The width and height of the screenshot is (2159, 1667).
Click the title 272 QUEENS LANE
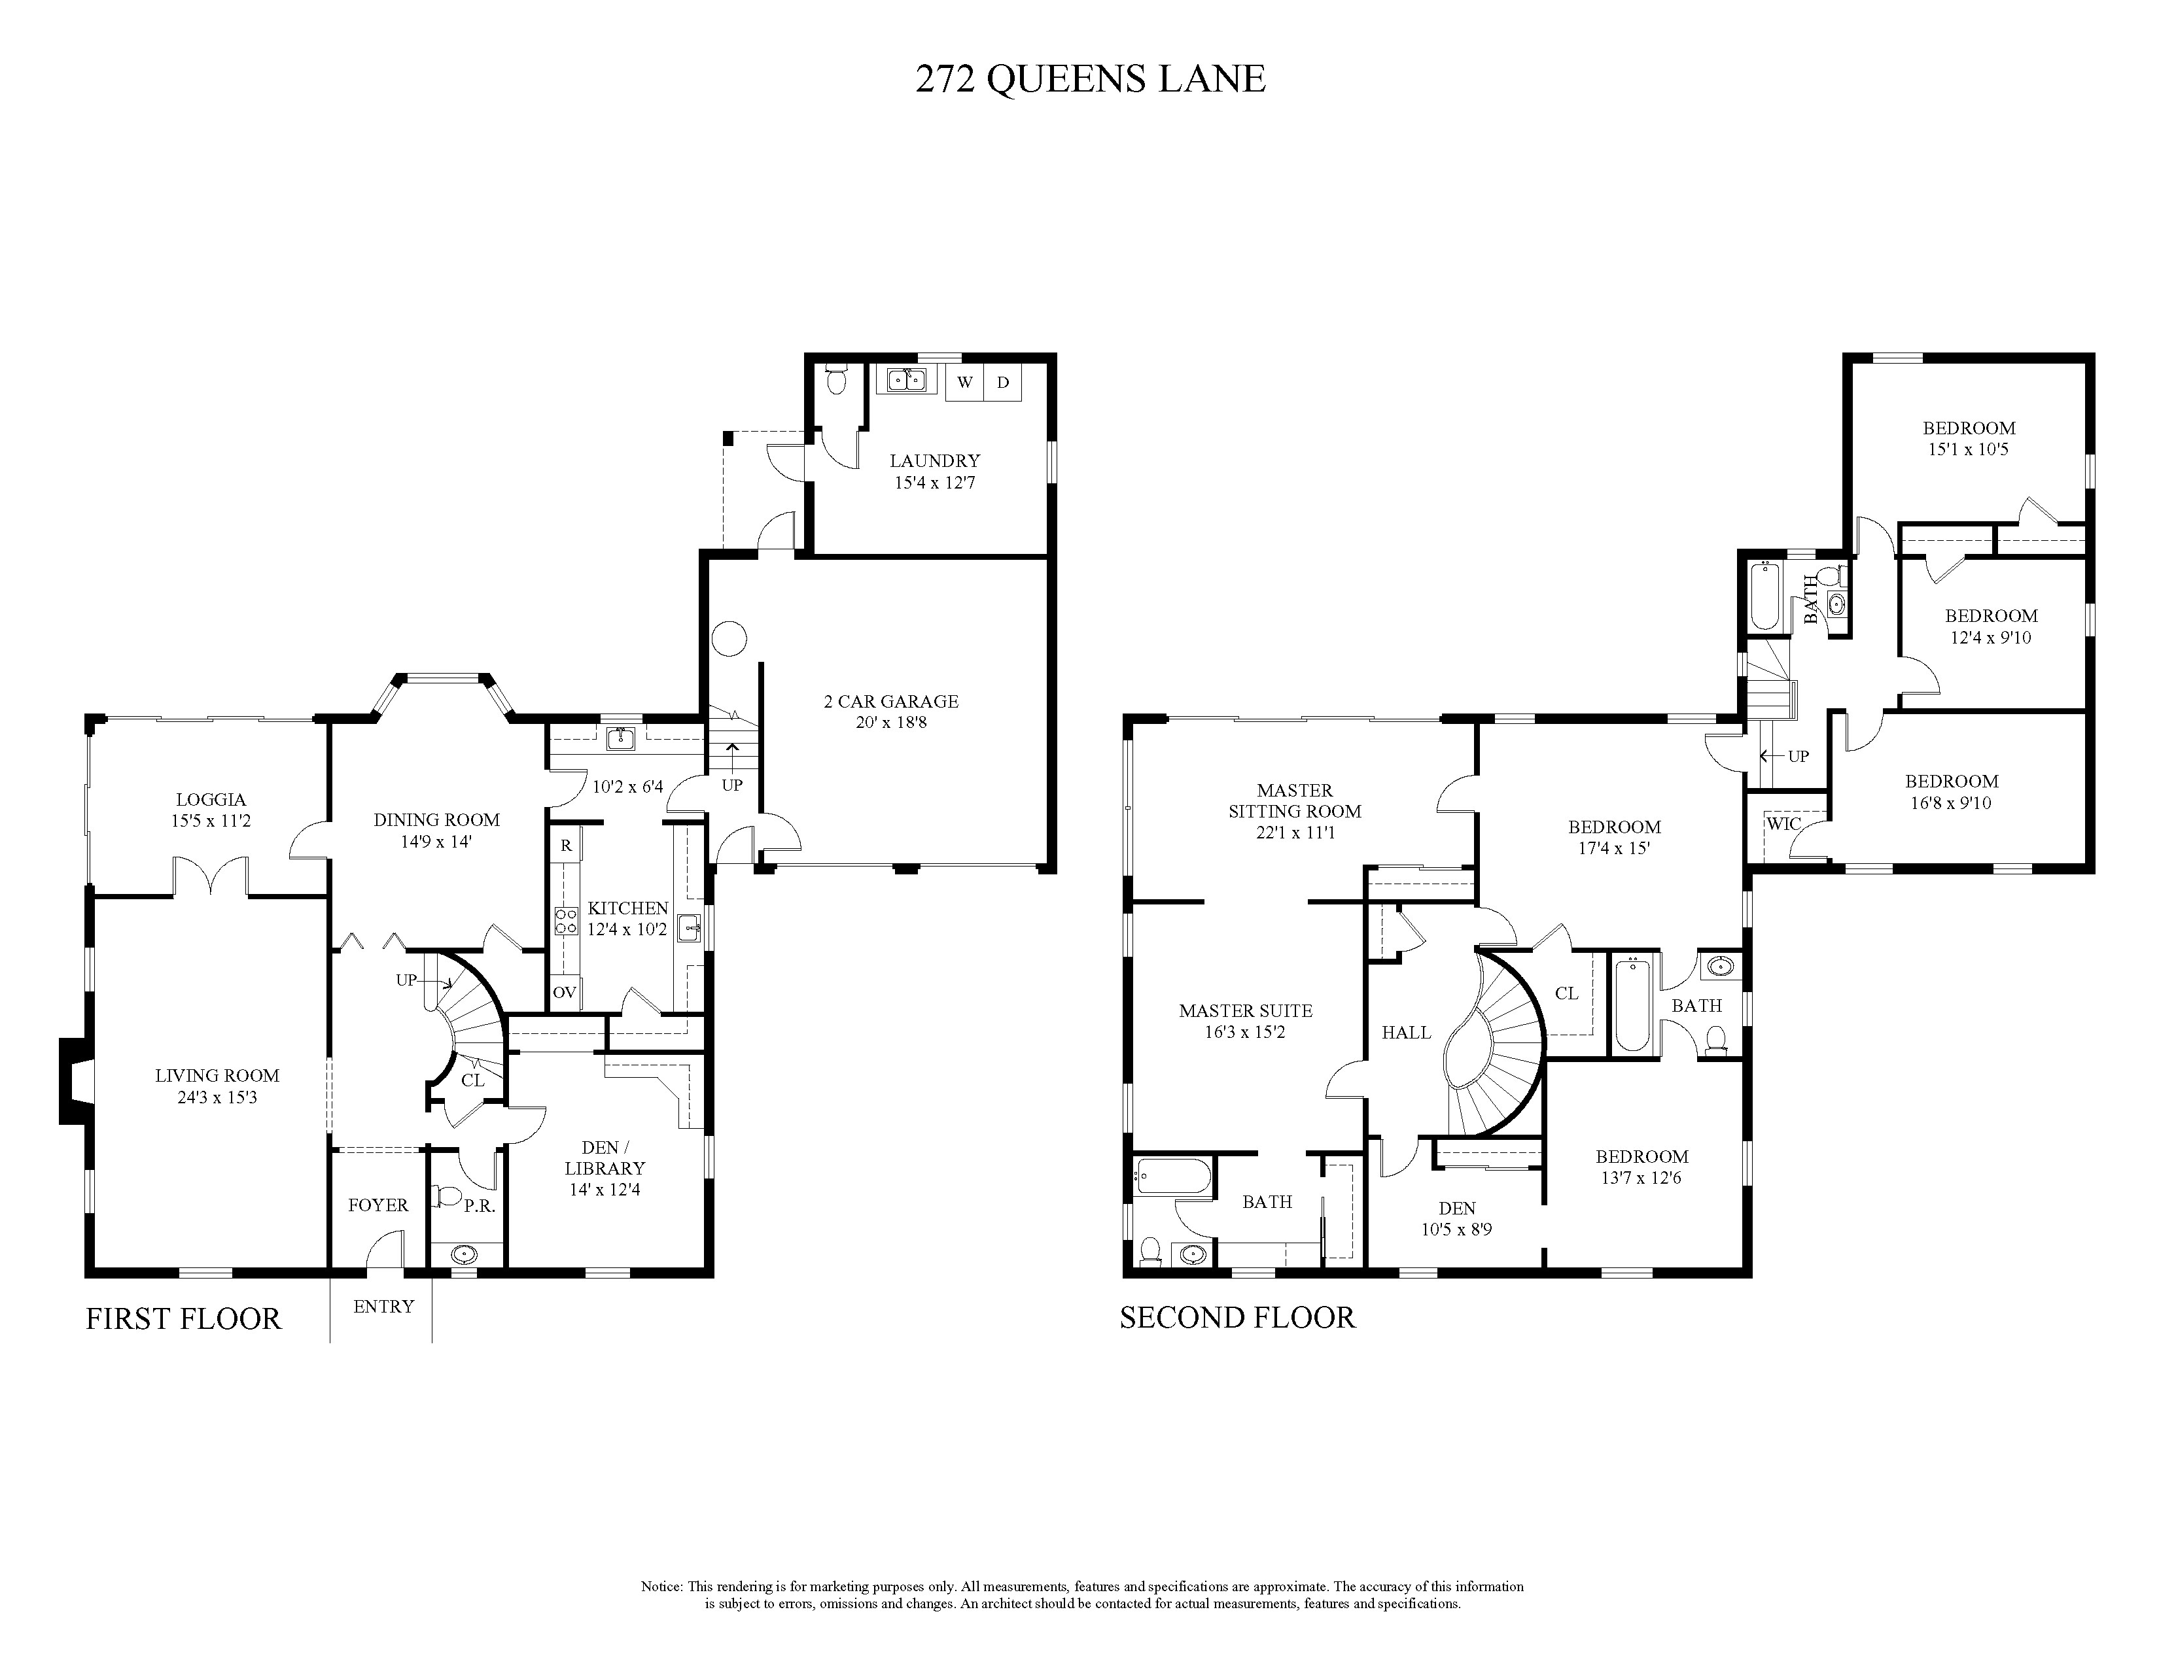pos(1091,79)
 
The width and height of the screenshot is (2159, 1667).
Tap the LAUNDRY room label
pos(934,460)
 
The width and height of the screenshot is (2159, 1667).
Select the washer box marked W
pos(965,383)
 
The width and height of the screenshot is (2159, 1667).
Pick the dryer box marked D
pos(1002,383)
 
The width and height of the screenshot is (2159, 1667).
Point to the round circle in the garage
pos(729,638)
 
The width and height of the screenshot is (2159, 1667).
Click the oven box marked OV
pos(565,992)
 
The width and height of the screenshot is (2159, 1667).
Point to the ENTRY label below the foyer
pos(383,1306)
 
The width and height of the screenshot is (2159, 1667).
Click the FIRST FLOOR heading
pos(183,1318)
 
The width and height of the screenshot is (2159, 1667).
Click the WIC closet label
pos(1783,824)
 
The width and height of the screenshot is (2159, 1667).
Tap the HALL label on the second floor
pos(1406,1033)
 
